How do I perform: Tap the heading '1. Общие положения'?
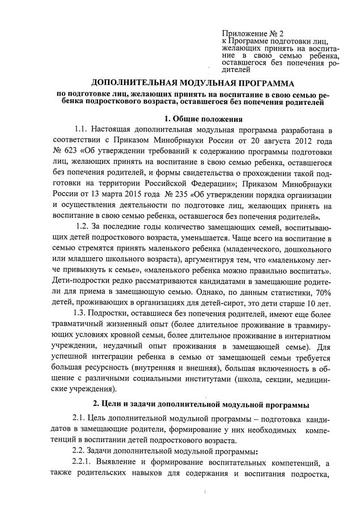pyautogui.click(x=203, y=119)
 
